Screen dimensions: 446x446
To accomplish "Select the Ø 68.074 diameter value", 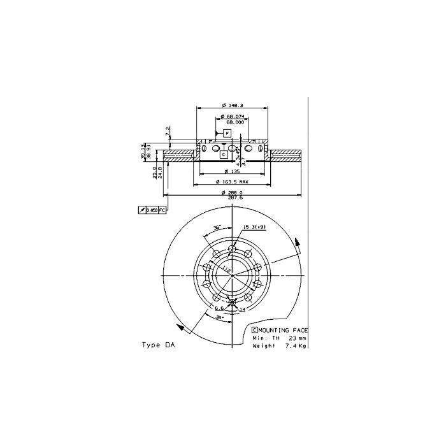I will click(x=233, y=117).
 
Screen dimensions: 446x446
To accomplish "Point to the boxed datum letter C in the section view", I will click(x=224, y=154).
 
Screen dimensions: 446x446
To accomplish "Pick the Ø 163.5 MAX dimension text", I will click(x=232, y=183).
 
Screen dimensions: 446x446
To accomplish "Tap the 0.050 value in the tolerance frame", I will click(x=152, y=210).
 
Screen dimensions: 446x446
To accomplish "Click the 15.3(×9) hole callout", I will click(x=253, y=227).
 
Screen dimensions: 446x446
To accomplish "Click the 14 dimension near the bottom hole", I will click(x=243, y=309).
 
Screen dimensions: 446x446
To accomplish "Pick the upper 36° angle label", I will click(x=217, y=227).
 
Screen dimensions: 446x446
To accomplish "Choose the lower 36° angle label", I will click(x=220, y=316).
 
